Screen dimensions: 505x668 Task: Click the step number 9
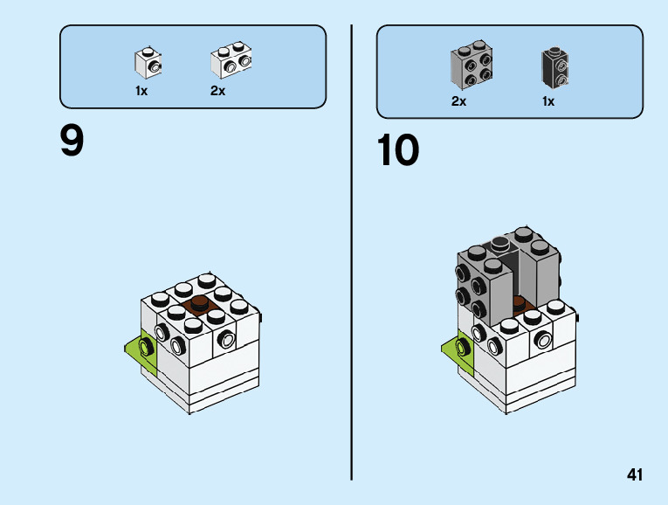(72, 141)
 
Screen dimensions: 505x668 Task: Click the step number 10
(398, 150)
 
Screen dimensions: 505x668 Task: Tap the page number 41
(635, 475)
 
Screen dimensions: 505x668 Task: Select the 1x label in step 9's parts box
(141, 91)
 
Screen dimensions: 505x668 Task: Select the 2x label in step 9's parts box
(217, 91)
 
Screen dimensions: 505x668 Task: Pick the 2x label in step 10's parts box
(458, 101)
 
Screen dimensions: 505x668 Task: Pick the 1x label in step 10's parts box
(548, 101)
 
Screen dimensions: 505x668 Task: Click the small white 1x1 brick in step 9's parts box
(148, 62)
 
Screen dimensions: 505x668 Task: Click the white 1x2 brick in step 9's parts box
(231, 61)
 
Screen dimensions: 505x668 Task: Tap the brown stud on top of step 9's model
(200, 304)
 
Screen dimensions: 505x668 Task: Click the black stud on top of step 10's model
(500, 242)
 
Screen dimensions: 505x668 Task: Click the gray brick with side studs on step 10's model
(483, 282)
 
